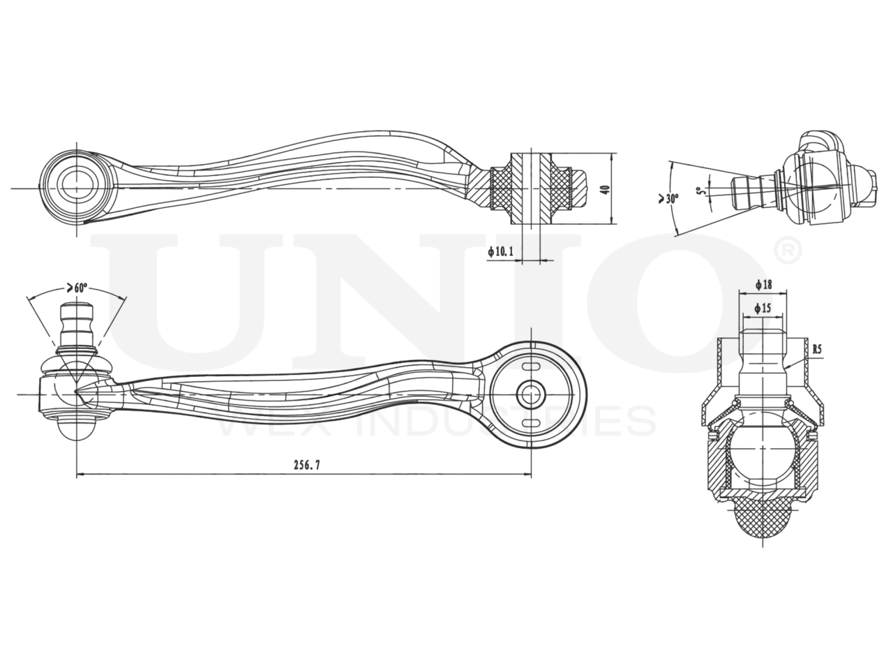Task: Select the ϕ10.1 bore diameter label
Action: (501, 251)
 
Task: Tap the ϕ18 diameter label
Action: (763, 285)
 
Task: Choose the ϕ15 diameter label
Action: (763, 307)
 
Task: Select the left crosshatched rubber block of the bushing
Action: (502, 188)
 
